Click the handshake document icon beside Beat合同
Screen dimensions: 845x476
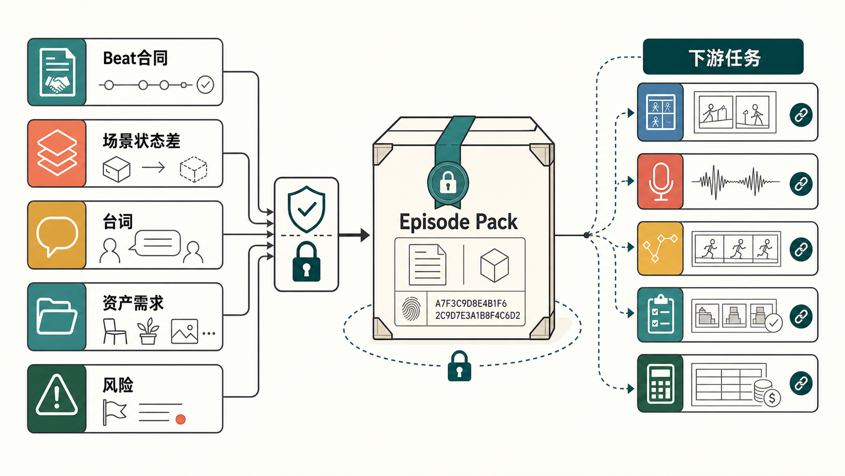tap(57, 72)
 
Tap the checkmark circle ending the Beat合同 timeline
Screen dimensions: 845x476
tap(205, 84)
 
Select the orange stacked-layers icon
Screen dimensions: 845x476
tap(57, 153)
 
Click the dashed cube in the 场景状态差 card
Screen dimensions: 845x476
tap(194, 169)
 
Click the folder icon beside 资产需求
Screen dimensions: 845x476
tap(57, 316)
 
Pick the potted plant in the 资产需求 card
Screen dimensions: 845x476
tap(148, 331)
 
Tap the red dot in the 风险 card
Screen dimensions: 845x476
tap(181, 419)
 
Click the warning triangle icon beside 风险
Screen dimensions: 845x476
tap(57, 395)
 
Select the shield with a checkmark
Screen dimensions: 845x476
tap(306, 209)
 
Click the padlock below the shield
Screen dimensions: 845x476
tap(306, 262)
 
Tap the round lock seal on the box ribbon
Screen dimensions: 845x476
tap(448, 183)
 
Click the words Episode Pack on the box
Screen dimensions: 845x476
tap(458, 222)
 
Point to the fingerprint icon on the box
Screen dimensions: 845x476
tap(411, 309)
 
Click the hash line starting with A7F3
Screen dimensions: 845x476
tap(471, 304)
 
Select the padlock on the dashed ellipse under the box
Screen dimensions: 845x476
tap(459, 366)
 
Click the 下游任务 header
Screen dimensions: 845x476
tap(723, 57)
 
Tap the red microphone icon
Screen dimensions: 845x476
tap(661, 181)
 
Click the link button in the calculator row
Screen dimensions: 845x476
tap(801, 383)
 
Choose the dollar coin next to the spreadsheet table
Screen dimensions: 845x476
tap(772, 398)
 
